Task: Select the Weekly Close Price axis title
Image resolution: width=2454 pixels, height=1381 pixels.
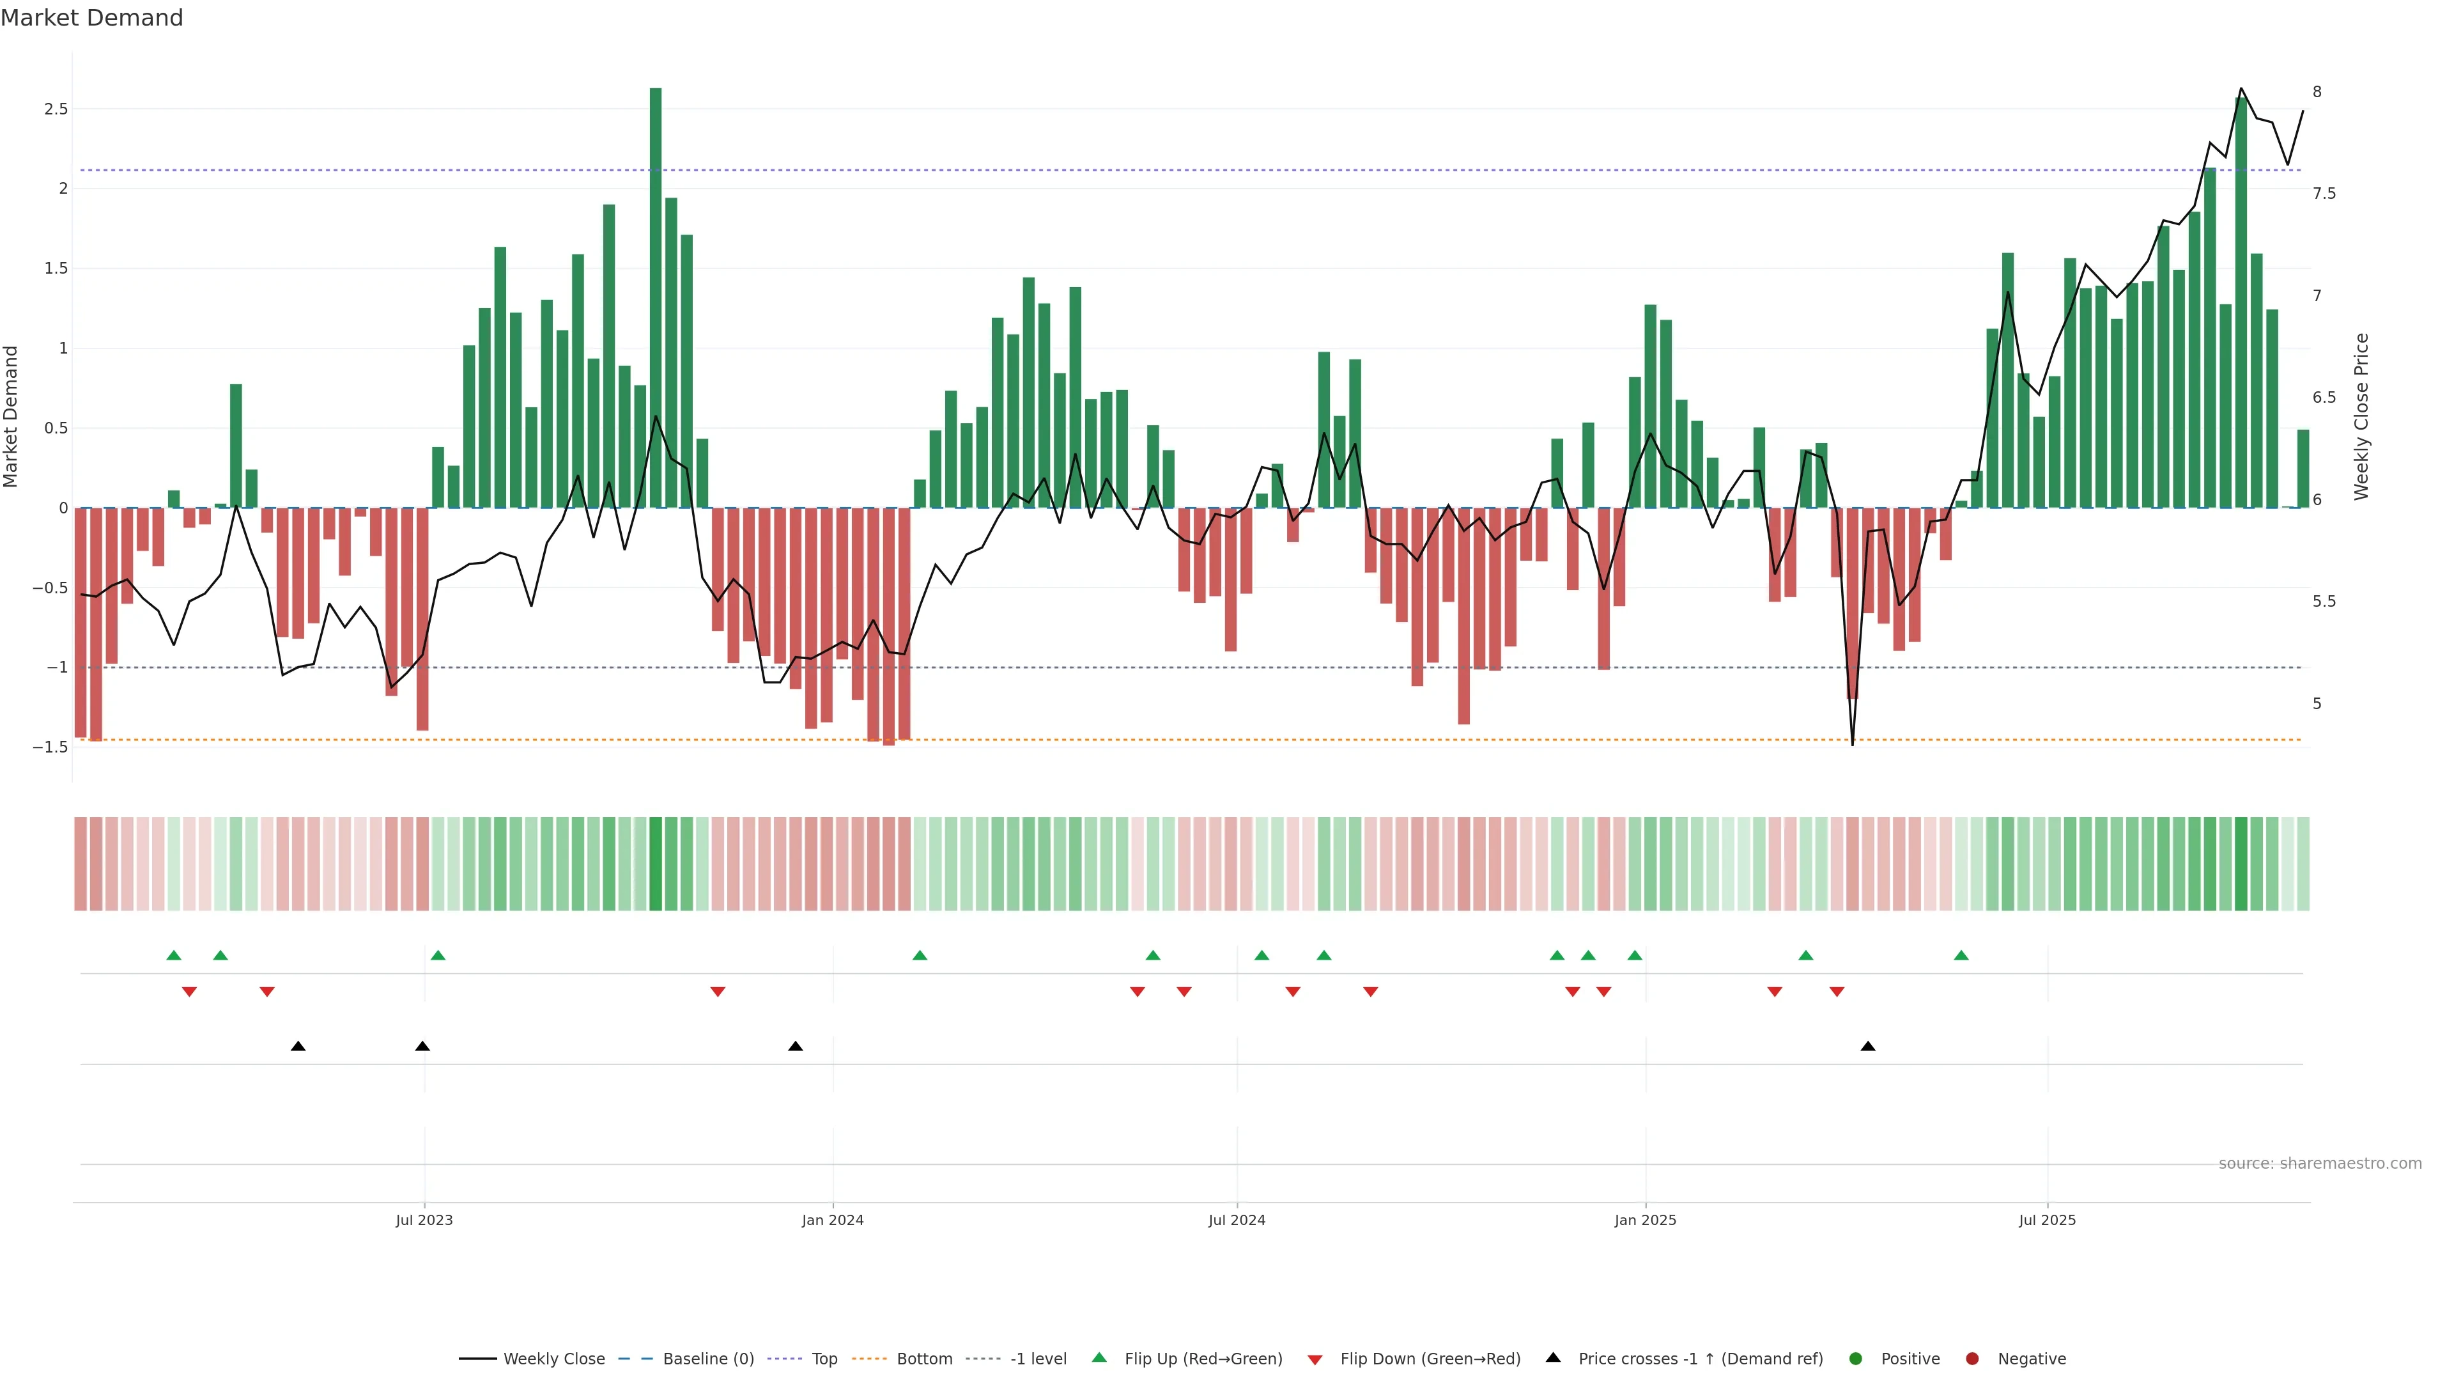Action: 2361,416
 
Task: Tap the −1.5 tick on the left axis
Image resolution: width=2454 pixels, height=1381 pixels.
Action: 50,747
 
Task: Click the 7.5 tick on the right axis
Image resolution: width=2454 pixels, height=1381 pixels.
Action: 2324,194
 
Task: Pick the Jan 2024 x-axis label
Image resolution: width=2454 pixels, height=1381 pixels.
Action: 833,1220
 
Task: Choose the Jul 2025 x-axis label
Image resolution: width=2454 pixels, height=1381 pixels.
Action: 2047,1220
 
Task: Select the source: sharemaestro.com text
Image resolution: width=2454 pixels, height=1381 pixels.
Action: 2320,1164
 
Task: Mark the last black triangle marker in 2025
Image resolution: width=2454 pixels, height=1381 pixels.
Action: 1868,1047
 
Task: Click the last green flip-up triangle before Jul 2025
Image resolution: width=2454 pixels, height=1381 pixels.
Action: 1961,955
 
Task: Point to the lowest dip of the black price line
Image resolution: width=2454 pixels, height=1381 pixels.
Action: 1853,744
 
